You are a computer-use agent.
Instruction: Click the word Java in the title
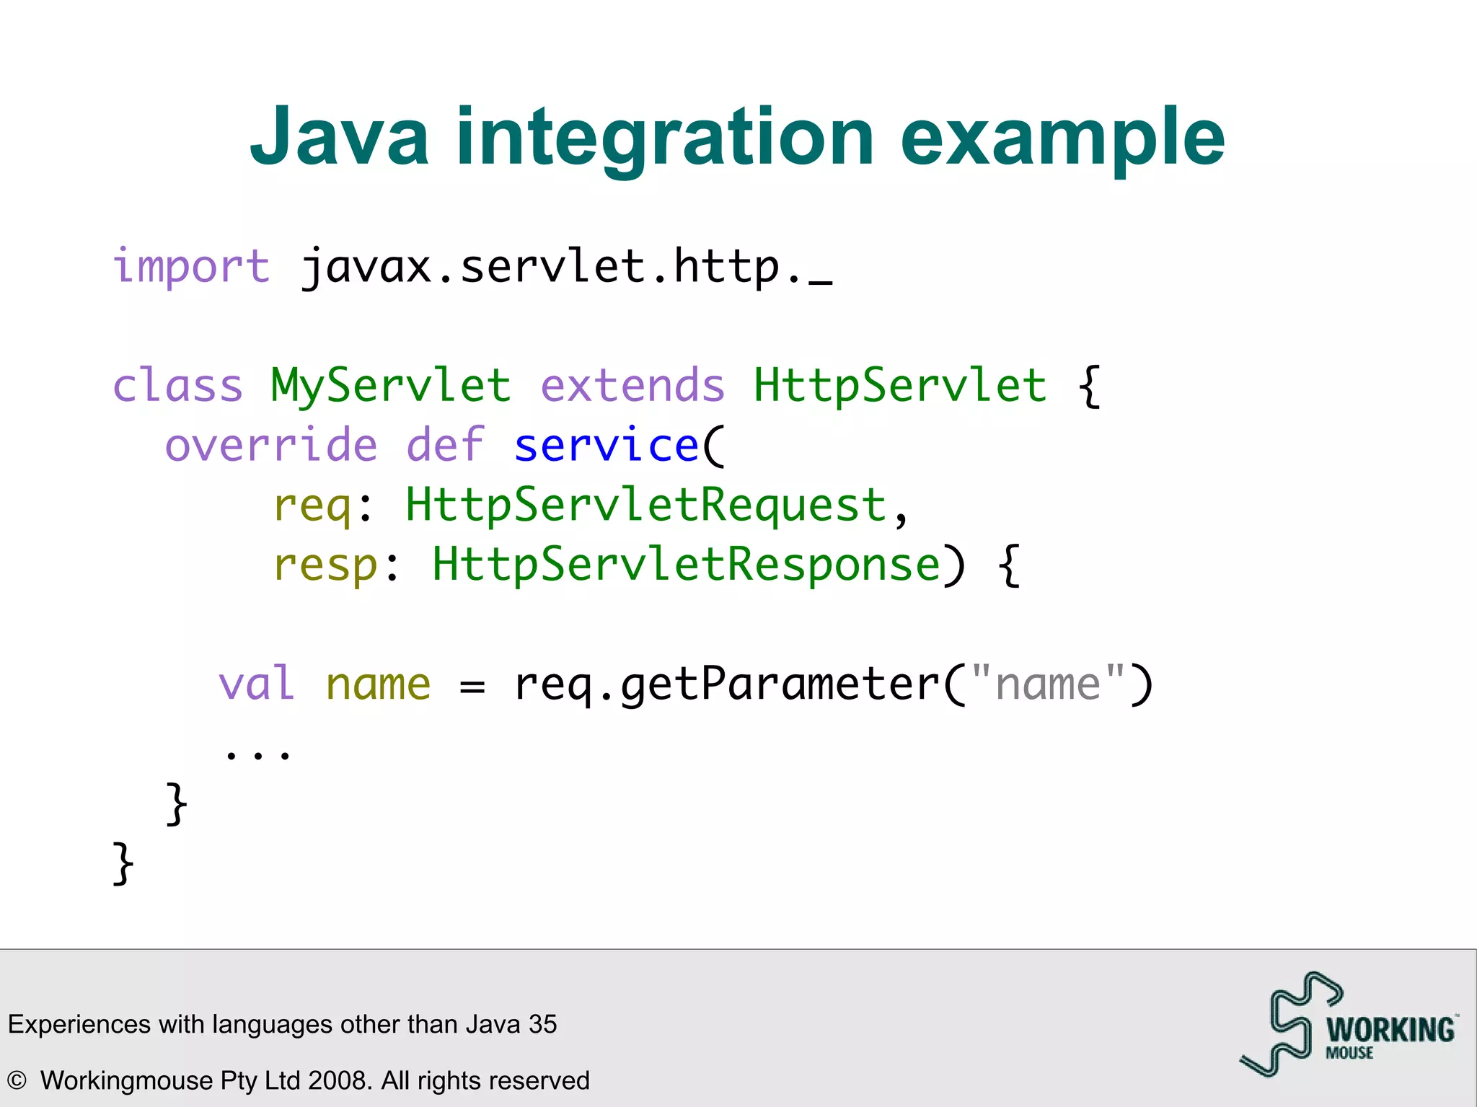339,137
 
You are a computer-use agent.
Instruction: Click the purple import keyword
191,266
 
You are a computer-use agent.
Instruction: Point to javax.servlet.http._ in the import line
566,268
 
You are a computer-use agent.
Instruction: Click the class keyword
177,385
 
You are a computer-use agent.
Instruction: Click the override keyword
271,445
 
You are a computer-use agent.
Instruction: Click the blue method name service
607,445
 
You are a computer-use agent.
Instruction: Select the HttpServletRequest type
645,505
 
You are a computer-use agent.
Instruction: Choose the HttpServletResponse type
685,564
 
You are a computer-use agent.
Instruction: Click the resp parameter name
325,565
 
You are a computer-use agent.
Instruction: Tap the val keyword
256,684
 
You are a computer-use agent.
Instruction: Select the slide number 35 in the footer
542,1024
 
